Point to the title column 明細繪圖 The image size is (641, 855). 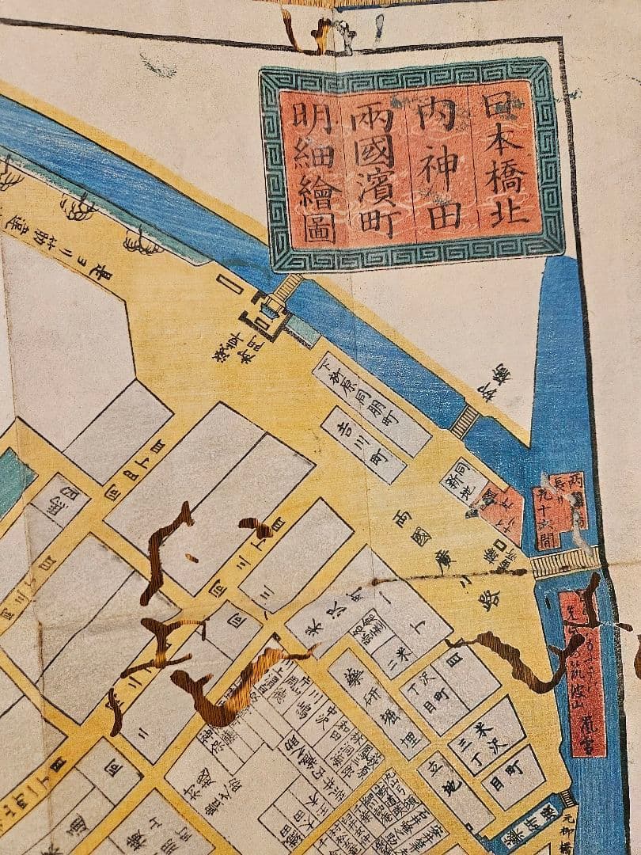pyautogui.click(x=311, y=170)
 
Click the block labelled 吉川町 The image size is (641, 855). pyautogui.click(x=363, y=444)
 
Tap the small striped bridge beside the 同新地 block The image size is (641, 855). pyautogui.click(x=465, y=422)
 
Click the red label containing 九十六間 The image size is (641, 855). pyautogui.click(x=561, y=511)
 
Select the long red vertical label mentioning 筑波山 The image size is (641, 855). pyautogui.click(x=583, y=674)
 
